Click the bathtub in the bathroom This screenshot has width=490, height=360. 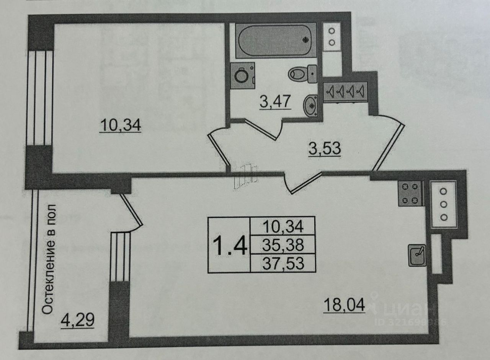pos(276,40)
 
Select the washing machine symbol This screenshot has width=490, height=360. pos(242,76)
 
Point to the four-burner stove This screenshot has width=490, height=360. pos(410,193)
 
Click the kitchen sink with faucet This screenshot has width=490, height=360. pos(417,255)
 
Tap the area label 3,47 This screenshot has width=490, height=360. pos(275,103)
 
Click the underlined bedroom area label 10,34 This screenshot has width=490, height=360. pos(121,125)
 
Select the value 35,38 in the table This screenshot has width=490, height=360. pos(283,245)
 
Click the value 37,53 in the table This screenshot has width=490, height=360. pos(283,263)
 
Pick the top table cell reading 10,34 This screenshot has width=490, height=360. pos(283,226)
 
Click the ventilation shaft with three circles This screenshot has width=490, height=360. pos(443,204)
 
